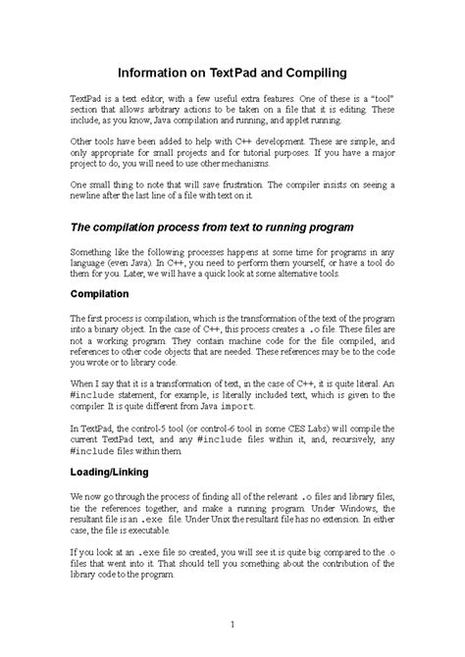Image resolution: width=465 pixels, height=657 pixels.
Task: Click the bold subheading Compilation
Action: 103,294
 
